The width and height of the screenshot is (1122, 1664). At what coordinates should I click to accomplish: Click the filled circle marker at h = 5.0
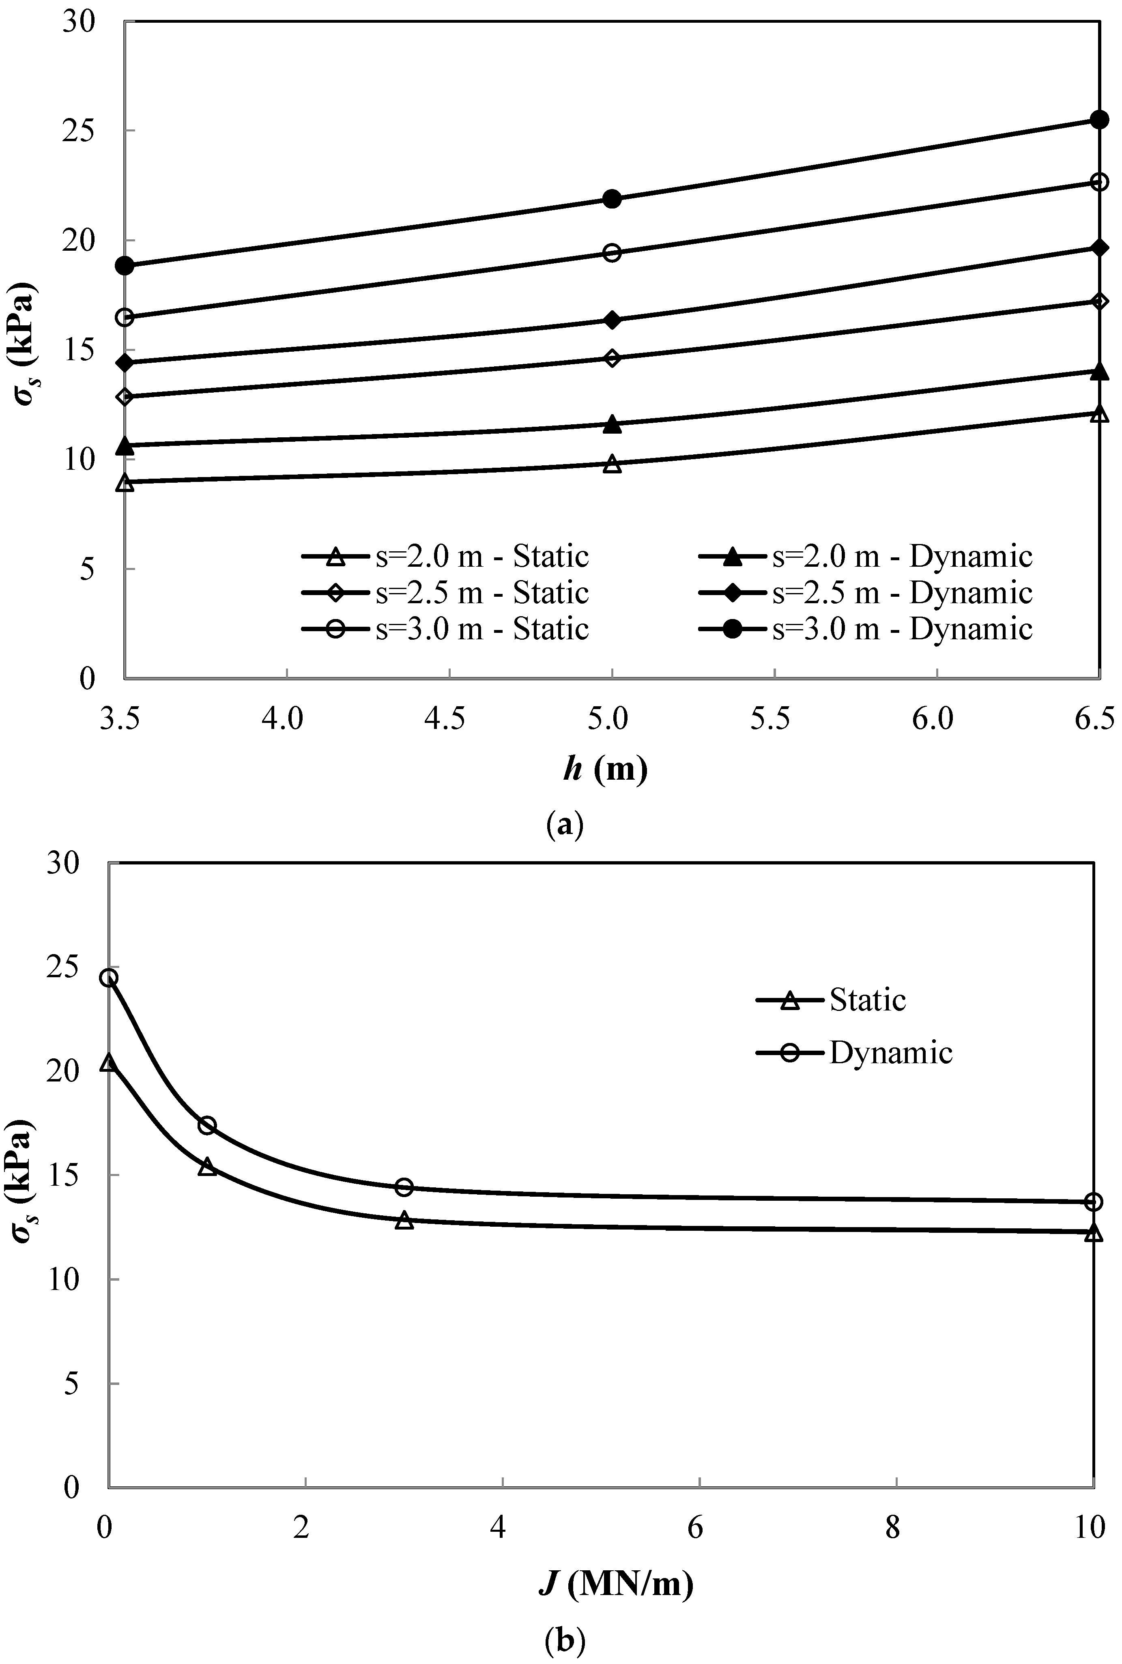tap(612, 199)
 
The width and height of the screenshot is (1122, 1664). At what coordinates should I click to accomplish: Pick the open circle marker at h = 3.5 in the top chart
tap(125, 318)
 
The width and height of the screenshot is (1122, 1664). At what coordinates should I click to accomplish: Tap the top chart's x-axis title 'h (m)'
tap(605, 770)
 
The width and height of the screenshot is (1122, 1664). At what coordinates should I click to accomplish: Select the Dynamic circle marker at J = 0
tap(109, 978)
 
